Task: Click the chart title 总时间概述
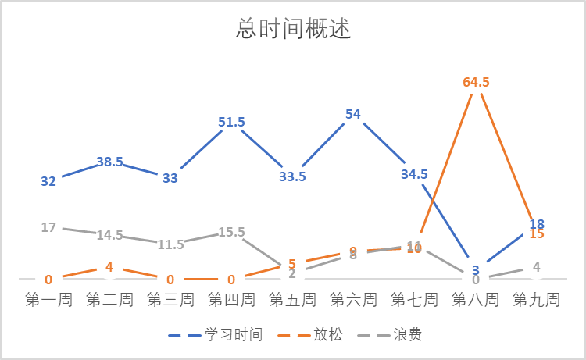[x=293, y=30]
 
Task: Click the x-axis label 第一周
[x=48, y=300]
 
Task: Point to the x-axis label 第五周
[x=292, y=300]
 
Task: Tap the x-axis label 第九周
[x=536, y=300]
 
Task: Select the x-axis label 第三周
[x=170, y=300]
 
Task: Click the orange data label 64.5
[x=476, y=82]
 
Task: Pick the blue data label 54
[x=353, y=114]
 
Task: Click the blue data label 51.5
[x=231, y=122]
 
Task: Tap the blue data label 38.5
[x=109, y=162]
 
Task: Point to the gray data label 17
[x=48, y=228]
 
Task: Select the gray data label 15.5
[x=231, y=232]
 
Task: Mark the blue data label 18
[x=537, y=223]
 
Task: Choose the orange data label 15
[x=537, y=233]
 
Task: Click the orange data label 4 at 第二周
[x=109, y=268]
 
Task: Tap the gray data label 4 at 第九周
[x=537, y=267]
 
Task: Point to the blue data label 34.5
[x=414, y=174]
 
